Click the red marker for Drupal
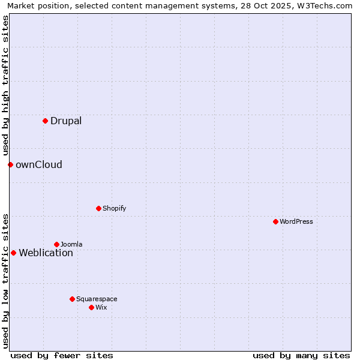point(45,121)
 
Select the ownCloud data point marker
point(10,164)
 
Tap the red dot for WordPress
point(275,221)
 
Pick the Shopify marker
point(98,208)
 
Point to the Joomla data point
point(56,244)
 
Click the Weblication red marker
point(13,253)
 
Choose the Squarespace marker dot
point(72,299)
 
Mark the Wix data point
point(91,307)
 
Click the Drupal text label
point(66,121)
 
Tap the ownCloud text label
point(39,164)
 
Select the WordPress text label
point(296,221)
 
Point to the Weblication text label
point(46,253)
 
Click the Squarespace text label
point(97,299)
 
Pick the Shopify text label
point(114,208)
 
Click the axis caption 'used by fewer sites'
point(62,355)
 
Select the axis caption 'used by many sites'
point(301,355)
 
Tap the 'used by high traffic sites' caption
point(5,86)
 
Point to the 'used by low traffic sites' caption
point(5,281)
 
